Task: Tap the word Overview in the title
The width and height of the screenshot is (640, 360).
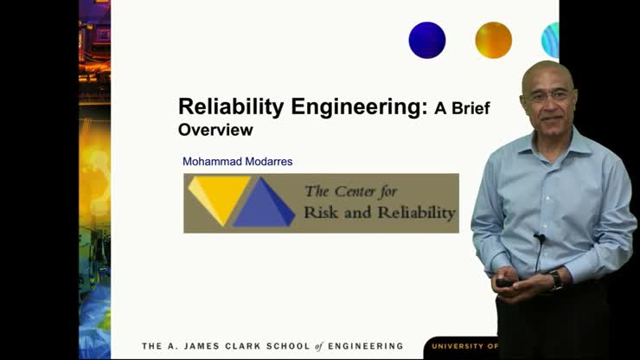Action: [x=215, y=130]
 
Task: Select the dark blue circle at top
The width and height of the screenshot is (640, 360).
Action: [x=427, y=40]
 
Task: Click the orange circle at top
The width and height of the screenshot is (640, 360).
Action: [x=493, y=40]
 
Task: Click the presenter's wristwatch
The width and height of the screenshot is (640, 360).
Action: [x=556, y=280]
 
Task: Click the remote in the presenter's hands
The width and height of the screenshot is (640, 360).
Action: [x=503, y=282]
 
